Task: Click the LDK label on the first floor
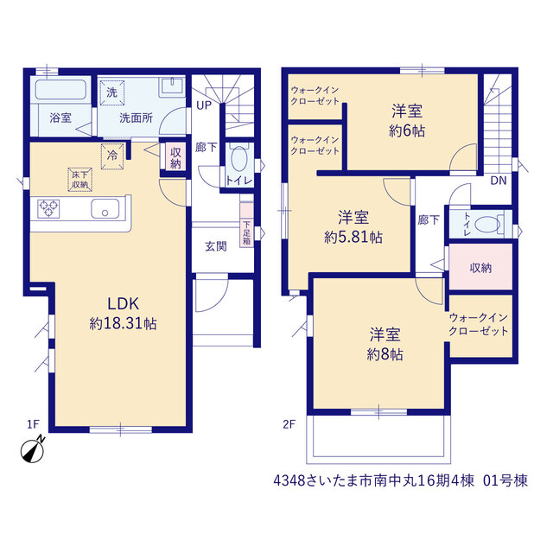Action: point(123,303)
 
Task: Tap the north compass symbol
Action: point(33,449)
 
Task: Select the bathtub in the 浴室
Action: point(60,90)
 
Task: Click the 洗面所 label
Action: point(136,118)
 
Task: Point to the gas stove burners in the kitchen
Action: point(48,208)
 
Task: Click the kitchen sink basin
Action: point(105,209)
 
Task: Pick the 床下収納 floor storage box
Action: point(80,180)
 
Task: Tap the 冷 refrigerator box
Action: point(112,156)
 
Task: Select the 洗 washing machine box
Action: point(111,92)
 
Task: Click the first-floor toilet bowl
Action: point(238,159)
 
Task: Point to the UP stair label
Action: point(204,105)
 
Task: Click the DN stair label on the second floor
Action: point(499,181)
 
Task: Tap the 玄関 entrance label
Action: point(216,246)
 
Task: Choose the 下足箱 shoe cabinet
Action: point(246,225)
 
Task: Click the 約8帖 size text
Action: point(385,354)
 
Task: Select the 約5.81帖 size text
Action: point(353,237)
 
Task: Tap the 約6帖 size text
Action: point(407,131)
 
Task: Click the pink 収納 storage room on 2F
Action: point(480,267)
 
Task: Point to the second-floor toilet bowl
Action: point(487,225)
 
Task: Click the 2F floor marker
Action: point(289,424)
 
